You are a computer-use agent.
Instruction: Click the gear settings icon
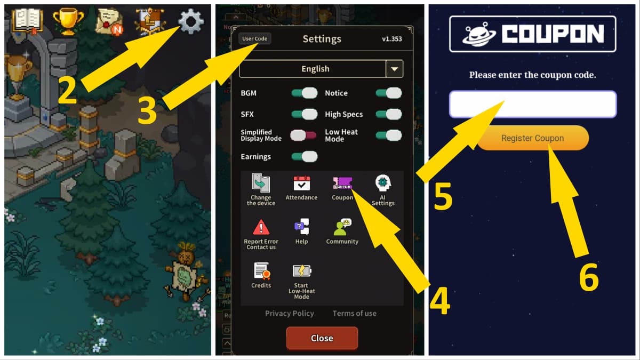pyautogui.click(x=191, y=22)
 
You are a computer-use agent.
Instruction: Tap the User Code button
pyautogui.click(x=254, y=38)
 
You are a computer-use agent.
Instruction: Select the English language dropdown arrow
pyautogui.click(x=394, y=69)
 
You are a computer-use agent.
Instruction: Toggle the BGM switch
pyautogui.click(x=304, y=93)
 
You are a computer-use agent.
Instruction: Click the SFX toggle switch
pyautogui.click(x=304, y=114)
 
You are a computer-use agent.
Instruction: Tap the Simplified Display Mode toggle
pyautogui.click(x=303, y=135)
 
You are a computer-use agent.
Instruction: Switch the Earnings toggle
pyautogui.click(x=304, y=156)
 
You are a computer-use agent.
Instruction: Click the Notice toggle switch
pyautogui.click(x=388, y=93)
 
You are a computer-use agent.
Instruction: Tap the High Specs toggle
pyautogui.click(x=388, y=114)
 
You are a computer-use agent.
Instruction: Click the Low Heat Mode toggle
pyautogui.click(x=388, y=135)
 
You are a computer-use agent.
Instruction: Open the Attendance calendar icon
pyautogui.click(x=301, y=183)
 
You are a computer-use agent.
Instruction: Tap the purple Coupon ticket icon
pyautogui.click(x=342, y=183)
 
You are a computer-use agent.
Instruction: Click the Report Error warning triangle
pyautogui.click(x=261, y=228)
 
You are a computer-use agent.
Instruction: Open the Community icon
pyautogui.click(x=342, y=228)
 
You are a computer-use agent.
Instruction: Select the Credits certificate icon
pyautogui.click(x=261, y=271)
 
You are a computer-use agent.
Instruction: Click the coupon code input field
pyautogui.click(x=532, y=104)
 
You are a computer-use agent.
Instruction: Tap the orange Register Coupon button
pyautogui.click(x=532, y=138)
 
